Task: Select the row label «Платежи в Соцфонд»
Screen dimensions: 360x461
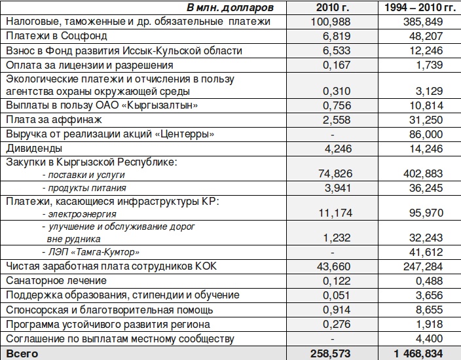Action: click(56, 36)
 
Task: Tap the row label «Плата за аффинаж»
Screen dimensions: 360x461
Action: click(54, 119)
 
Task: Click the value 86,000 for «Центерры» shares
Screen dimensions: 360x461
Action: click(426, 134)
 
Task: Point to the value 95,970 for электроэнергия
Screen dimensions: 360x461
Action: click(426, 213)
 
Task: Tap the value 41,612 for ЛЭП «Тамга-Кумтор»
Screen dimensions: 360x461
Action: click(426, 252)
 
